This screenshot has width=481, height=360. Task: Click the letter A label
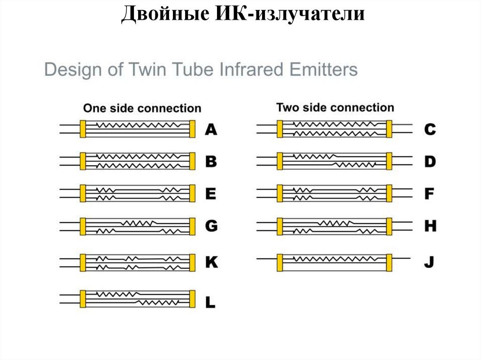[x=211, y=129]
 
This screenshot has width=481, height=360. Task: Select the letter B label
[x=211, y=162]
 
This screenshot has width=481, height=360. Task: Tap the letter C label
[x=430, y=129]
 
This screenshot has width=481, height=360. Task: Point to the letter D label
[x=430, y=162]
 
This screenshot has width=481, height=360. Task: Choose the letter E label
[x=211, y=194]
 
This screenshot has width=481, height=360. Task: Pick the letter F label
[x=429, y=194]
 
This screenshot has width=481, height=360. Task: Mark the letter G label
[x=211, y=226]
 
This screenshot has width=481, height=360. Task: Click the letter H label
[x=430, y=226]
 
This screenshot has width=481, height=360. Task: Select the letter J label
[x=428, y=263]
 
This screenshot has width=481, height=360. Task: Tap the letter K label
[x=211, y=263]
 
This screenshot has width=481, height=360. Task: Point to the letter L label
[x=210, y=303]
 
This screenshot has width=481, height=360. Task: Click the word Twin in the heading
[x=147, y=70]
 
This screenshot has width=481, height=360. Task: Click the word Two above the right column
[x=287, y=107]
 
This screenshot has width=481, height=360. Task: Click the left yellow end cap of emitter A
[x=83, y=129]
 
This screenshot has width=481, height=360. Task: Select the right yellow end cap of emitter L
[x=192, y=299]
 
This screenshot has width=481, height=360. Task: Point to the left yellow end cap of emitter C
[x=280, y=129]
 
